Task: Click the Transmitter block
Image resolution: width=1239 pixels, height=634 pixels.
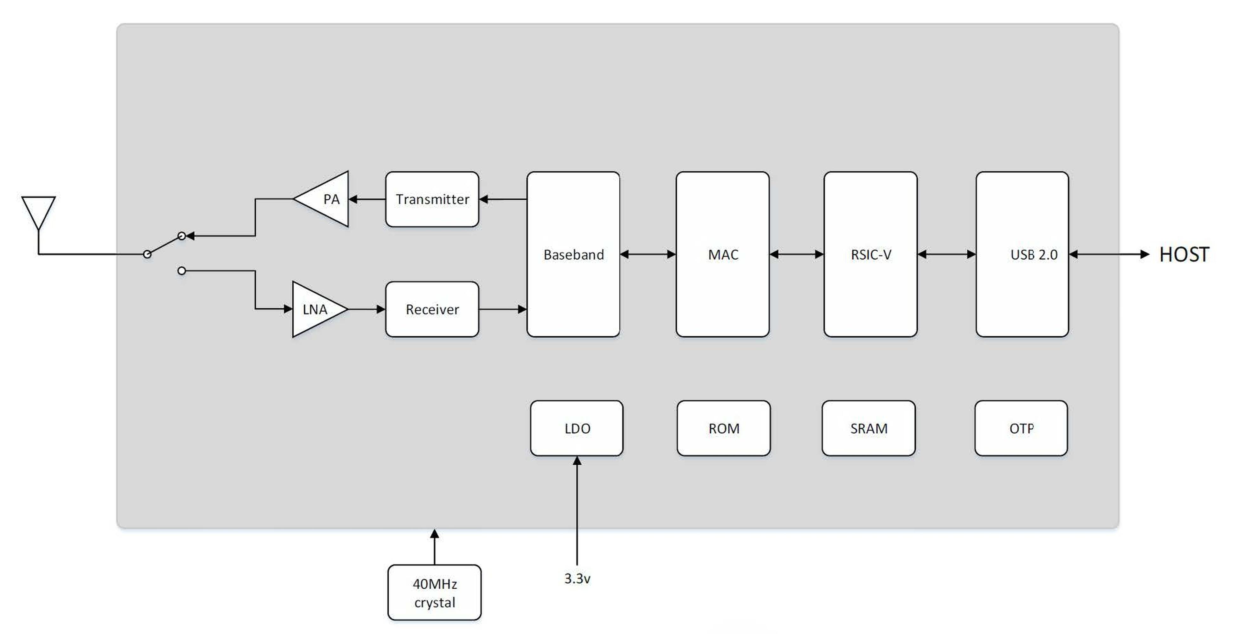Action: tap(432, 199)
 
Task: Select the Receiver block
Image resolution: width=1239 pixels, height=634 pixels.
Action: tap(432, 309)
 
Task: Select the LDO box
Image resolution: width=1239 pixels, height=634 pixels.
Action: tap(577, 428)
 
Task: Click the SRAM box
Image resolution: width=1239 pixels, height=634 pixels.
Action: tap(869, 428)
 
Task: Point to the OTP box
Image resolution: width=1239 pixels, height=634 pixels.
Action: tap(1021, 428)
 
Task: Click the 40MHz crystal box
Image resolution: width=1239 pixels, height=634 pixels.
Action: tap(434, 592)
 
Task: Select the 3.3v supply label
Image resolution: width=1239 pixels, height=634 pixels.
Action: tap(577, 579)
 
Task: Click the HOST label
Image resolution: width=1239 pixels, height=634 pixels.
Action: tap(1184, 255)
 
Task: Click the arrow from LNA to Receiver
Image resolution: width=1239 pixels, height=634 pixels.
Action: tap(366, 309)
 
